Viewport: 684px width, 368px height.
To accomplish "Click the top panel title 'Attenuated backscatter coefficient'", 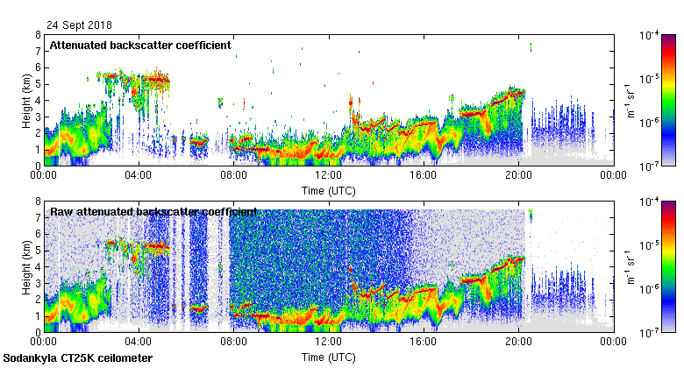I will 140,45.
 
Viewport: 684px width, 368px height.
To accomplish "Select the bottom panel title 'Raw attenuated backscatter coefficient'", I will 153,212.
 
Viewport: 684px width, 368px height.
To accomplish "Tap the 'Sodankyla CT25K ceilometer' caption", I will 78,358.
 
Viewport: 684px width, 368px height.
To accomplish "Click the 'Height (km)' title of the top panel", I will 26,100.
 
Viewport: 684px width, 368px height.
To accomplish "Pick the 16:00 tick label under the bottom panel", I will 423,343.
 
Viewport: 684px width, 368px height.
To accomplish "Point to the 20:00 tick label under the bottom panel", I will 517,343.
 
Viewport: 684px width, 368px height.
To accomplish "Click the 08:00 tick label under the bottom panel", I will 233,343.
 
